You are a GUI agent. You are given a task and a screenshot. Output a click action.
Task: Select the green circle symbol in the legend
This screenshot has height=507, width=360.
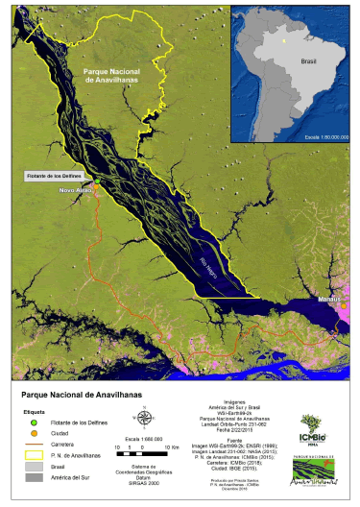(32, 422)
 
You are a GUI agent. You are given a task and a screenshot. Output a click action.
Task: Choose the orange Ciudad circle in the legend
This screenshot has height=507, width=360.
(32, 433)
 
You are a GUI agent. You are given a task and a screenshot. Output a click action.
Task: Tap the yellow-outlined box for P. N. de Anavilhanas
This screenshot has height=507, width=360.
(32, 455)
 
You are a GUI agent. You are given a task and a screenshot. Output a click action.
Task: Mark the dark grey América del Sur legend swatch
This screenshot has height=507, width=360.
(32, 476)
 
